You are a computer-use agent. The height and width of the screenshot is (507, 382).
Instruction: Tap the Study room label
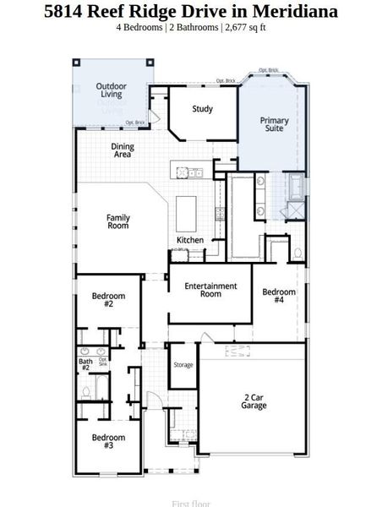tap(202, 109)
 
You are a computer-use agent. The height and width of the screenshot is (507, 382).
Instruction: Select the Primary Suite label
tap(274, 126)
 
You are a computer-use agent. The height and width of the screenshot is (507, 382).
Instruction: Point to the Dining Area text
tap(123, 150)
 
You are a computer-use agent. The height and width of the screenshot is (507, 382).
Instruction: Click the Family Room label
tap(117, 221)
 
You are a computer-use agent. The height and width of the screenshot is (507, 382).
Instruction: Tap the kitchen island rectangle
tap(186, 209)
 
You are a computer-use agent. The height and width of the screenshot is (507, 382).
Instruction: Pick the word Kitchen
tap(190, 241)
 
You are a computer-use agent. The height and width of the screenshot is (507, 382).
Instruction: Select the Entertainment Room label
tap(210, 290)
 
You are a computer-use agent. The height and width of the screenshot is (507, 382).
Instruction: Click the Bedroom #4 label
tap(279, 297)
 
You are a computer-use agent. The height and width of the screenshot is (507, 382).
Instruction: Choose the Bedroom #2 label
tap(108, 300)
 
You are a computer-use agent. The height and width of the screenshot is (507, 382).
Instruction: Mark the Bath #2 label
tap(85, 365)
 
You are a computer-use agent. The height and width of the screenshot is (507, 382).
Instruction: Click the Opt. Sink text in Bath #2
tap(102, 362)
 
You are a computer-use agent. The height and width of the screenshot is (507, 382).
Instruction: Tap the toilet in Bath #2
tap(86, 391)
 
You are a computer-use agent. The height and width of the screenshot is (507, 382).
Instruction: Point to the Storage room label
tap(183, 365)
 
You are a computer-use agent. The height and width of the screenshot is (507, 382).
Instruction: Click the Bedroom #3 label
tap(108, 442)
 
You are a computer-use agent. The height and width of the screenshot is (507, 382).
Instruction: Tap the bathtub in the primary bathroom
tap(295, 187)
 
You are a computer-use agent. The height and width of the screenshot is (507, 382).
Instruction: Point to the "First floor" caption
tap(191, 503)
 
